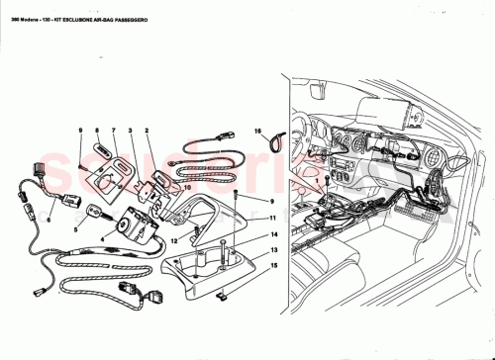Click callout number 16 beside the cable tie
coord(256,130)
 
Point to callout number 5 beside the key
coord(75,229)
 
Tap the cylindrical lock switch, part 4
coord(131,225)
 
